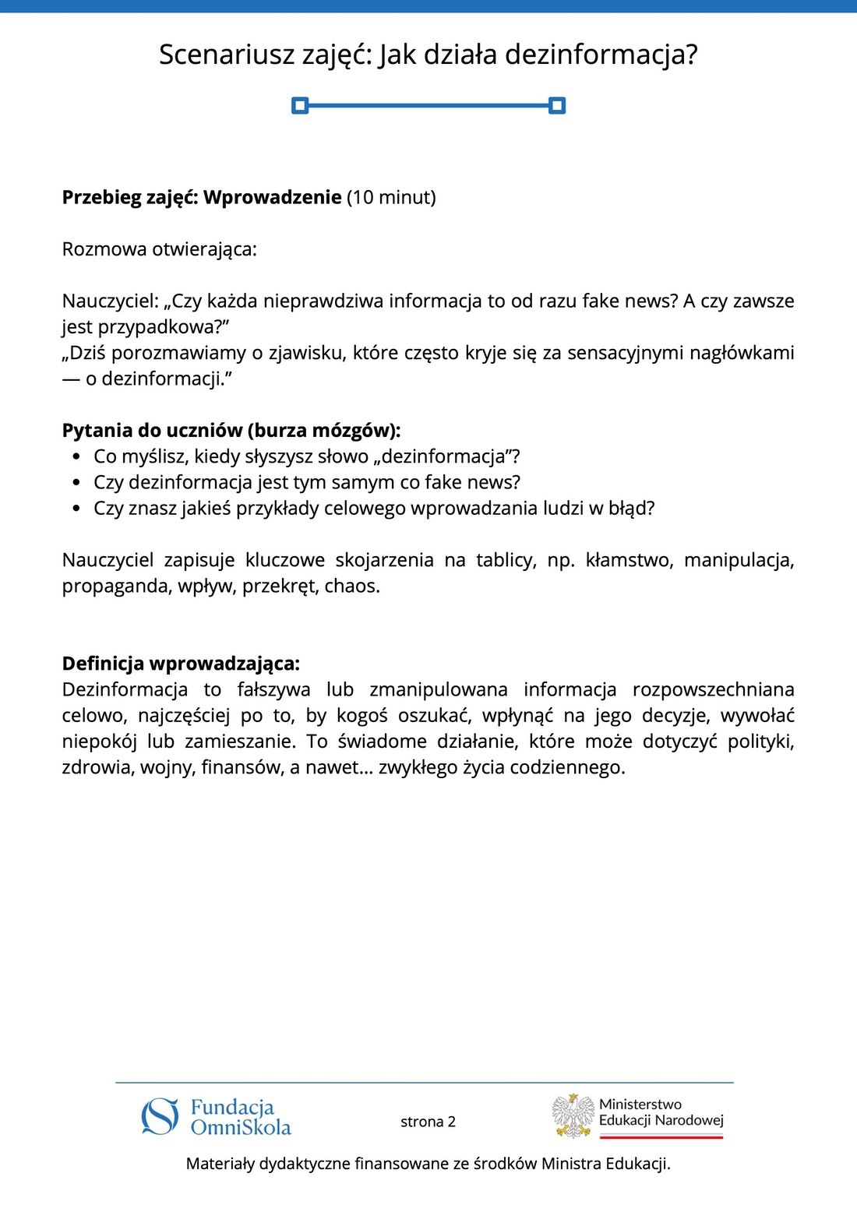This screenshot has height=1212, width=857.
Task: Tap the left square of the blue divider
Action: [300, 105]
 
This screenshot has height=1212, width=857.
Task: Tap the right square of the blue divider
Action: [556, 105]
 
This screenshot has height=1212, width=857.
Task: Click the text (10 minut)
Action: [391, 197]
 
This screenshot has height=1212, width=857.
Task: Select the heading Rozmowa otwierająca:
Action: [160, 249]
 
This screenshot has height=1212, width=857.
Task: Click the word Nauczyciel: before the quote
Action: [110, 301]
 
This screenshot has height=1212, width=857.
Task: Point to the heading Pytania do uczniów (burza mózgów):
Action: [231, 431]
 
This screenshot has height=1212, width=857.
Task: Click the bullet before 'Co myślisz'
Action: [76, 457]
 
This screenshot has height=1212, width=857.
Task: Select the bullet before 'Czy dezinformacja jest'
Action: [76, 483]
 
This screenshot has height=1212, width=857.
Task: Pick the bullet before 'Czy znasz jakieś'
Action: [76, 509]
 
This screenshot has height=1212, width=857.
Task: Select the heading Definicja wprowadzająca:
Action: [181, 664]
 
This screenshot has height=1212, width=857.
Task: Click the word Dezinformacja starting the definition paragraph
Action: [125, 689]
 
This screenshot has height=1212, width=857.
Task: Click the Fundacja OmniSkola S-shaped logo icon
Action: [160, 1117]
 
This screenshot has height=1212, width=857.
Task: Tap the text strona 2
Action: [428, 1122]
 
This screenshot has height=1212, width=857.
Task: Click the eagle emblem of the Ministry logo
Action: [573, 1115]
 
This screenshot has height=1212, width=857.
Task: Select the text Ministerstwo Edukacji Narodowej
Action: [661, 1112]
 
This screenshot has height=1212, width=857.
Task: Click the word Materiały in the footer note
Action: [220, 1164]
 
